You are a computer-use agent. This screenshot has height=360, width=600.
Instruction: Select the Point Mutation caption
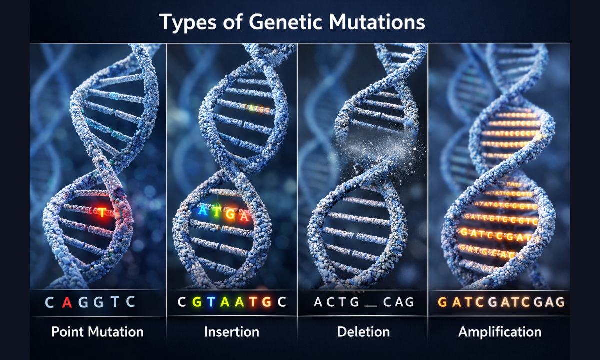click(97, 332)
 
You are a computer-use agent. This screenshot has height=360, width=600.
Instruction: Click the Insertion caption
click(232, 332)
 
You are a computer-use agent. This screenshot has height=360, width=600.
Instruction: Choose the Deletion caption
click(363, 332)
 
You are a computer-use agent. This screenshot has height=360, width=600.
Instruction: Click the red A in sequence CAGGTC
click(66, 302)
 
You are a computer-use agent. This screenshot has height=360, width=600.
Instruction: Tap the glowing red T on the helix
click(102, 212)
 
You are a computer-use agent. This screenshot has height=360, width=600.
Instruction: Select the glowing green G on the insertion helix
click(231, 214)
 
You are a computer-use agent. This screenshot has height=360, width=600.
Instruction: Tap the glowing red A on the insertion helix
click(244, 216)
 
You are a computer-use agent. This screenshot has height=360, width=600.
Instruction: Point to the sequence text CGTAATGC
click(232, 302)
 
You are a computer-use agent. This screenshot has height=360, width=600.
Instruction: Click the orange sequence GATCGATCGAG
click(501, 302)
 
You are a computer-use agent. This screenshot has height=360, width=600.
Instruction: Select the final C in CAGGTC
click(130, 302)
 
